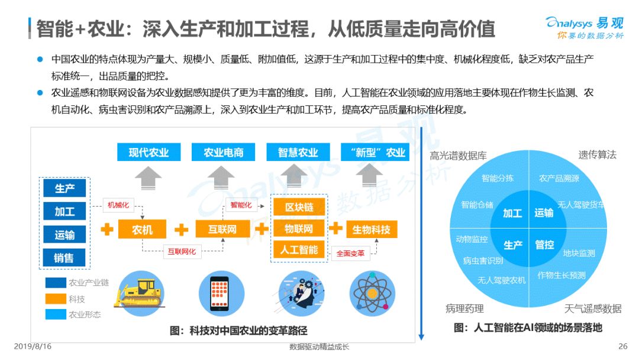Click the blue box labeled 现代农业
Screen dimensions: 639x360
pyautogui.click(x=149, y=152)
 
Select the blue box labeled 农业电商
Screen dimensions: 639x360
pyautogui.click(x=223, y=152)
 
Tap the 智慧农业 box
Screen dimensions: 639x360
pyautogui.click(x=298, y=152)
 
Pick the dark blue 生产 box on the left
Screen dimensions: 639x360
pyautogui.click(x=64, y=188)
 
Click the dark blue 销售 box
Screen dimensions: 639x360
pyautogui.click(x=64, y=258)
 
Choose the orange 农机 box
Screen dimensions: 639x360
pyautogui.click(x=142, y=229)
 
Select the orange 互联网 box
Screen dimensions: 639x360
pyautogui.click(x=222, y=229)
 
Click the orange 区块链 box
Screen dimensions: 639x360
pyautogui.click(x=299, y=207)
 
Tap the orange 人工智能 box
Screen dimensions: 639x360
pyautogui.click(x=299, y=250)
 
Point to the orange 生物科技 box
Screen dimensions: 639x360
pyautogui.click(x=371, y=229)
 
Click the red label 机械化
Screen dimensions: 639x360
pyautogui.click(x=117, y=205)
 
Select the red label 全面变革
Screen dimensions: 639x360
pyautogui.click(x=350, y=253)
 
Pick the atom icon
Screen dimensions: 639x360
pyautogui.click(x=372, y=293)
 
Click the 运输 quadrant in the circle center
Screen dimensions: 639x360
pyautogui.click(x=544, y=213)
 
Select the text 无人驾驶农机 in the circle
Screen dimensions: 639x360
pyautogui.click(x=501, y=280)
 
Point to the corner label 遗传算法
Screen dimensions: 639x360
pyautogui.click(x=597, y=155)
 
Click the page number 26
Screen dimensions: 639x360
pyautogui.click(x=622, y=346)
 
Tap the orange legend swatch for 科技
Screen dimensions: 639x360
pyautogui.click(x=56, y=298)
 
